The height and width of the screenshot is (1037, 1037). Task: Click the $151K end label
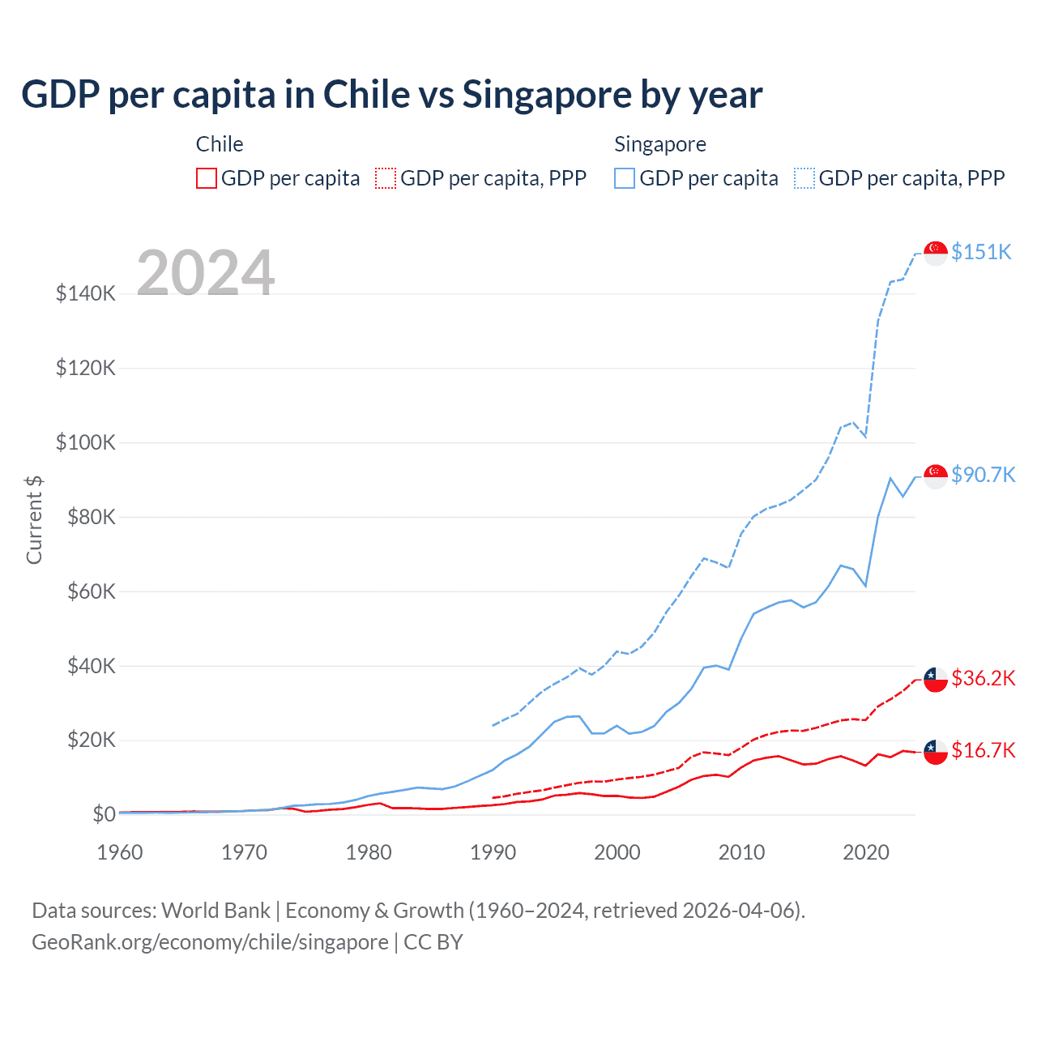(x=981, y=252)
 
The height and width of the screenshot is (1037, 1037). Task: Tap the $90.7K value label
(x=983, y=475)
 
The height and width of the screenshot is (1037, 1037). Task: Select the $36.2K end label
(x=983, y=678)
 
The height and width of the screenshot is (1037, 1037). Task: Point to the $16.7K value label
(x=983, y=750)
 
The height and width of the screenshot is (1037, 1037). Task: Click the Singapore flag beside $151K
(x=936, y=253)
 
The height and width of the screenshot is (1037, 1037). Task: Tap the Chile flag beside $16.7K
(x=936, y=751)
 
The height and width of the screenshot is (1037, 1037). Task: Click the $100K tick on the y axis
(x=86, y=443)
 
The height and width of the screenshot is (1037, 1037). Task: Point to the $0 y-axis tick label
(x=104, y=814)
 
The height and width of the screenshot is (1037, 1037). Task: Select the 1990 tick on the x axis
(x=493, y=852)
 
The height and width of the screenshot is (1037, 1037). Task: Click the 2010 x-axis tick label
(x=741, y=852)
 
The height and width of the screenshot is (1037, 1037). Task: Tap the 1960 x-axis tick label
(x=120, y=852)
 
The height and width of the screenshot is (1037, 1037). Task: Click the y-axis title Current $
(x=34, y=519)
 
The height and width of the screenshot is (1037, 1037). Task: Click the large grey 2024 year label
(x=206, y=273)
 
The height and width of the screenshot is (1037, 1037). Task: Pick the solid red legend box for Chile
(x=207, y=178)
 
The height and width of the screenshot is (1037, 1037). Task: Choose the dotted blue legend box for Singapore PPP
(x=804, y=178)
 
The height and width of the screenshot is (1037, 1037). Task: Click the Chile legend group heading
(x=220, y=144)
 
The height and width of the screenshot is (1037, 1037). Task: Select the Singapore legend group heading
(x=660, y=144)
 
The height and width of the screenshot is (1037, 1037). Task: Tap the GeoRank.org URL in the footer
(x=210, y=942)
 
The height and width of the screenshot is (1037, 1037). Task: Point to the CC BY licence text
(x=433, y=942)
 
